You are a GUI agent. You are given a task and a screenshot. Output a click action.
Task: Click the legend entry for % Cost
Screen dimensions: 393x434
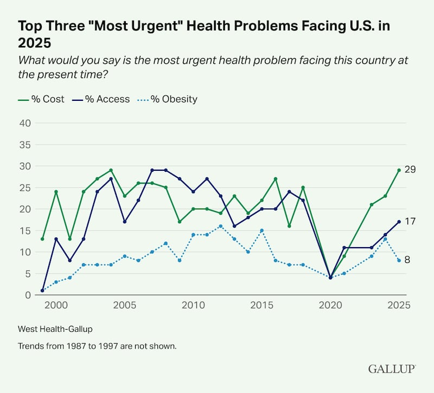point(41,99)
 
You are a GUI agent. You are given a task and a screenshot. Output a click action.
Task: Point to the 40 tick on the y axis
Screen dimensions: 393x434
point(25,123)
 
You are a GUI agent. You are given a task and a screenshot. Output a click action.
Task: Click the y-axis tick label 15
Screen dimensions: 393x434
point(25,230)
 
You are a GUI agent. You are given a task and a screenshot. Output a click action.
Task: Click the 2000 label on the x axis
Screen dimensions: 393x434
point(56,306)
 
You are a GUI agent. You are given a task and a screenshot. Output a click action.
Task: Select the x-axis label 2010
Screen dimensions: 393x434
point(193,306)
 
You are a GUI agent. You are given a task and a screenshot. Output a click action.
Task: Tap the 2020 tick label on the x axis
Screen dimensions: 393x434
point(330,306)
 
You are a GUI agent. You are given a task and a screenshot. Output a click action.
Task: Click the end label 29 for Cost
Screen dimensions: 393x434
point(411,170)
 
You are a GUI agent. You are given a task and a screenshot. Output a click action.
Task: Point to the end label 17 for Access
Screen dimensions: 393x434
point(411,222)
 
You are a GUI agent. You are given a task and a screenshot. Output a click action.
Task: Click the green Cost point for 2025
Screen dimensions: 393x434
point(399,170)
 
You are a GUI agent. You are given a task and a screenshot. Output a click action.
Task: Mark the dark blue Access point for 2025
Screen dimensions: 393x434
point(399,222)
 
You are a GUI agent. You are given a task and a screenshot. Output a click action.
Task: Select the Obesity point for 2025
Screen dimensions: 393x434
point(399,261)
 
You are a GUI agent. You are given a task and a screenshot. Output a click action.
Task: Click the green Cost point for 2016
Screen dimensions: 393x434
point(276,179)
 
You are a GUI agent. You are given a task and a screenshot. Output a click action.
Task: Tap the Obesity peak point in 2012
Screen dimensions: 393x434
point(221,226)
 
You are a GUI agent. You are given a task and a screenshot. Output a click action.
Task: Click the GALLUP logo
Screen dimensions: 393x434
point(392,369)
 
